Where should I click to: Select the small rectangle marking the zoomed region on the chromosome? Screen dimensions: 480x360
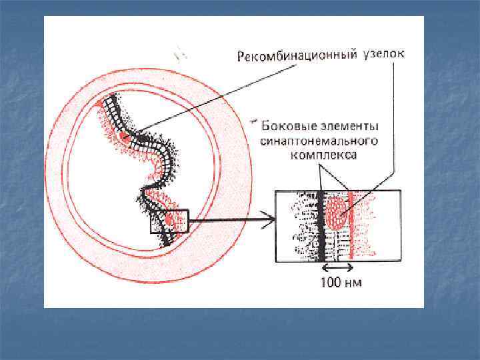[x=169, y=221]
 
